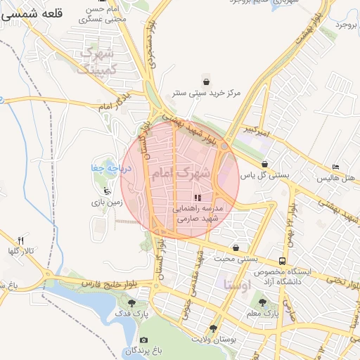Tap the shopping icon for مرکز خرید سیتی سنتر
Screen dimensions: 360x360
[x=205, y=79]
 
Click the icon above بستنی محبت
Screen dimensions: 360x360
[x=236, y=247]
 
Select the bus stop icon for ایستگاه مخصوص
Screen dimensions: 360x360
[x=282, y=260]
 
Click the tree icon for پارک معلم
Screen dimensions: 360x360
[x=262, y=302]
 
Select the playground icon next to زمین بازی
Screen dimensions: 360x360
[x=106, y=191]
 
